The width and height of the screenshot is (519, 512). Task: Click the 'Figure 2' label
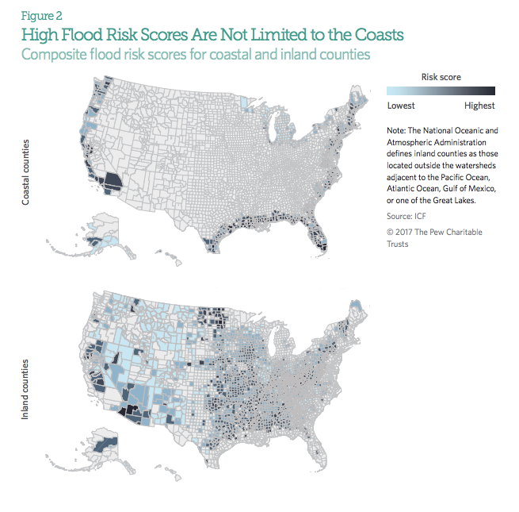click(x=42, y=16)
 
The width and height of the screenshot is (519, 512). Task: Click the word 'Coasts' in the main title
click(x=379, y=35)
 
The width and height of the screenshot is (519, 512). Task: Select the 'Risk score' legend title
click(x=441, y=77)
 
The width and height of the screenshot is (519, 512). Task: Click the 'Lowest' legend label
click(x=401, y=106)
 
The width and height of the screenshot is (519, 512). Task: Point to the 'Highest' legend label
click(x=479, y=106)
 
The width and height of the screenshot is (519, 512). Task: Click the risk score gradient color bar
click(x=441, y=90)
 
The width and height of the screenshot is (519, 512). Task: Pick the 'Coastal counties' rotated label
click(x=25, y=172)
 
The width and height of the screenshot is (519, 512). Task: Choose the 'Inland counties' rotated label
click(x=25, y=389)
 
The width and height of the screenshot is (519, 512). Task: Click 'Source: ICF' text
click(x=406, y=216)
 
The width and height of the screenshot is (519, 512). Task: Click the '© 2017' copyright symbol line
click(x=434, y=232)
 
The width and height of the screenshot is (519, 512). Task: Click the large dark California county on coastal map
click(x=112, y=181)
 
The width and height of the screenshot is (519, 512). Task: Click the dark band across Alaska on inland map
click(x=105, y=444)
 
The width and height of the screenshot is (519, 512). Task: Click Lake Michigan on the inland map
click(x=273, y=343)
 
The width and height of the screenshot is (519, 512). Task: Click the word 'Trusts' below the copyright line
click(x=398, y=244)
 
